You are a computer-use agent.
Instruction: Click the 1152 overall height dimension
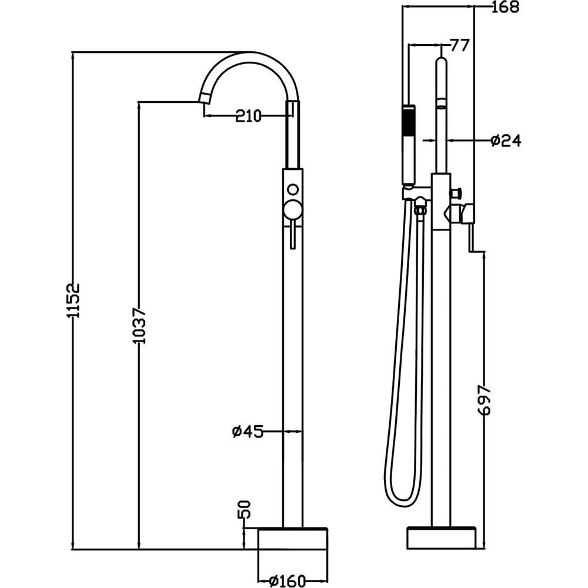73,300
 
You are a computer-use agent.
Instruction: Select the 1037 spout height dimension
140,326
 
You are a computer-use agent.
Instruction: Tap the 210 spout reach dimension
248,116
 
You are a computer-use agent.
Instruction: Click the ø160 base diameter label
288,580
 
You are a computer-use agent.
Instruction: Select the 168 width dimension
505,6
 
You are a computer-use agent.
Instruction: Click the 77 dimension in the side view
460,45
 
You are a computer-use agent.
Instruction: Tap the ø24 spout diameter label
506,141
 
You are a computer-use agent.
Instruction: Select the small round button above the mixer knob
292,189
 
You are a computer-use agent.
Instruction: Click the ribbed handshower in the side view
409,145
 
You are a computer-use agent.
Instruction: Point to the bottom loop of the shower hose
402,499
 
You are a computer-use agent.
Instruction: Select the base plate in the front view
293,539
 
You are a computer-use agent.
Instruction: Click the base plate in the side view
442,539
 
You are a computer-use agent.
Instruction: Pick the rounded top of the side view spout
442,61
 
